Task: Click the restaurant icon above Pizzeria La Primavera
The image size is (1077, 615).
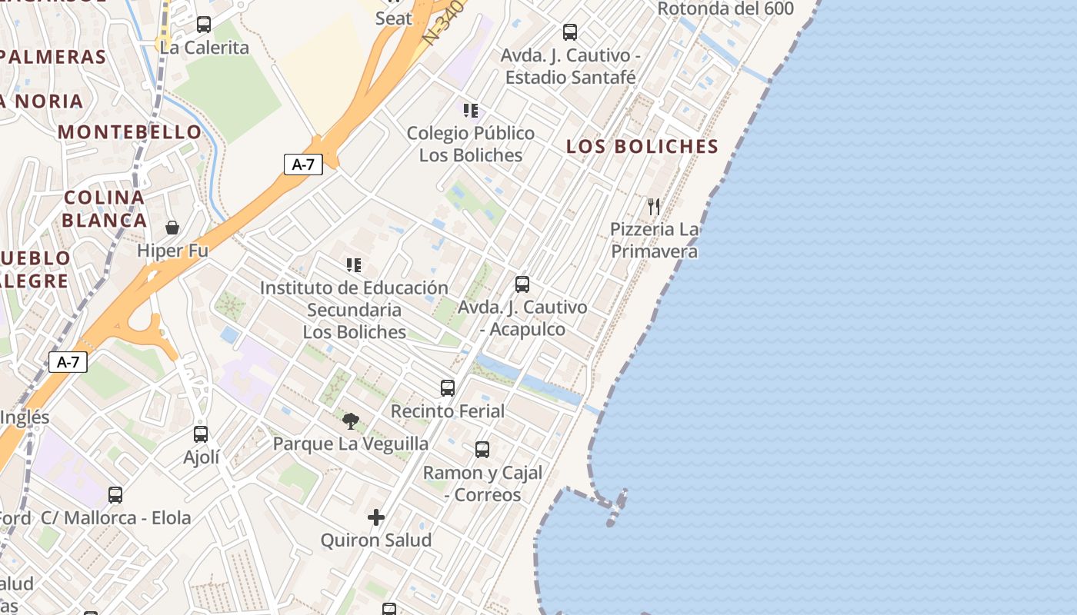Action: tap(654, 206)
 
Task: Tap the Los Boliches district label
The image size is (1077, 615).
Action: tap(642, 146)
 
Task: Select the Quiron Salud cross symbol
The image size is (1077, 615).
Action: tap(376, 517)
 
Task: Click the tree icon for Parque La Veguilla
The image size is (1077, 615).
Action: tap(351, 421)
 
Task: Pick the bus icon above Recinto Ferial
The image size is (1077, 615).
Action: tap(448, 387)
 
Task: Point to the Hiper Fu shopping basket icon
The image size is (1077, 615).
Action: tap(172, 228)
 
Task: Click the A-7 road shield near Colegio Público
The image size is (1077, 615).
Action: tap(303, 164)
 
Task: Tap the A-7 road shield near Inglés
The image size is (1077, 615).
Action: tap(68, 362)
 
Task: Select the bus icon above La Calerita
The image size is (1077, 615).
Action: tap(204, 25)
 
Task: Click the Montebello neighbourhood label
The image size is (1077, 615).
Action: tap(129, 131)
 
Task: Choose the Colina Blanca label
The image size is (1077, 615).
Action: tap(105, 209)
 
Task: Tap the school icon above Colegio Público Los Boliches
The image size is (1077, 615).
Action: tap(471, 111)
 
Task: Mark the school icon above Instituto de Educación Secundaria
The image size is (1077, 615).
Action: tap(354, 265)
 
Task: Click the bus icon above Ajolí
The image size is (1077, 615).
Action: tap(201, 434)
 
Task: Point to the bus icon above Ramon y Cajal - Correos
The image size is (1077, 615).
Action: tap(482, 450)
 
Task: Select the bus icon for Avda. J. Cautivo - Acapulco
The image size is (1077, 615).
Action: tap(522, 284)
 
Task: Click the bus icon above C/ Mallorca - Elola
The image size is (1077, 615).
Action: tap(115, 495)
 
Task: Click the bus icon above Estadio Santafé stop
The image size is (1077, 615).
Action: tap(570, 32)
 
